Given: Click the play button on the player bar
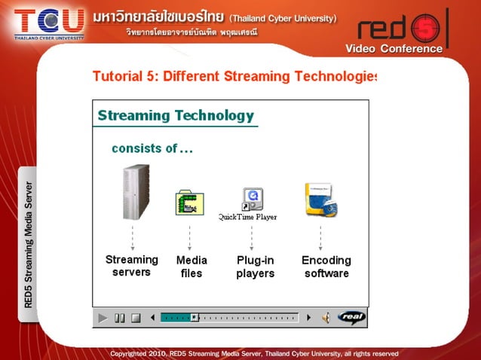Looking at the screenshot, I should [103, 318].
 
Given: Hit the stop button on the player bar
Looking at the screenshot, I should [136, 318].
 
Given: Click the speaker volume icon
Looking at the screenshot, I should [326, 318].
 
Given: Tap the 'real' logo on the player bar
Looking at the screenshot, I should [351, 318].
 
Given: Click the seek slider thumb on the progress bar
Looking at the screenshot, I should [194, 318].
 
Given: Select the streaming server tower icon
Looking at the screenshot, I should [136, 191].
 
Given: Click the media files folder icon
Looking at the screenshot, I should [190, 202].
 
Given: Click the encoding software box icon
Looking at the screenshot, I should [320, 200].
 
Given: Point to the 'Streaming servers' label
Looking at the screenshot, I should [132, 266].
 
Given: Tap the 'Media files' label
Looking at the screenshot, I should [191, 267].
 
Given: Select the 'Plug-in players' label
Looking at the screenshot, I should [255, 267].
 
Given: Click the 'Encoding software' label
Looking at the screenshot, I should [326, 267].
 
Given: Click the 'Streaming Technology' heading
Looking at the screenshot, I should [176, 115].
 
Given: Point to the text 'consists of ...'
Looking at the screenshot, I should [152, 148].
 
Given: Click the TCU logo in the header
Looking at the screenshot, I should [49, 22].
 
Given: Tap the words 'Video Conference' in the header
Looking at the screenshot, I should [394, 49].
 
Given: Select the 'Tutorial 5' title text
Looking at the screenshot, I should [234, 76].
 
